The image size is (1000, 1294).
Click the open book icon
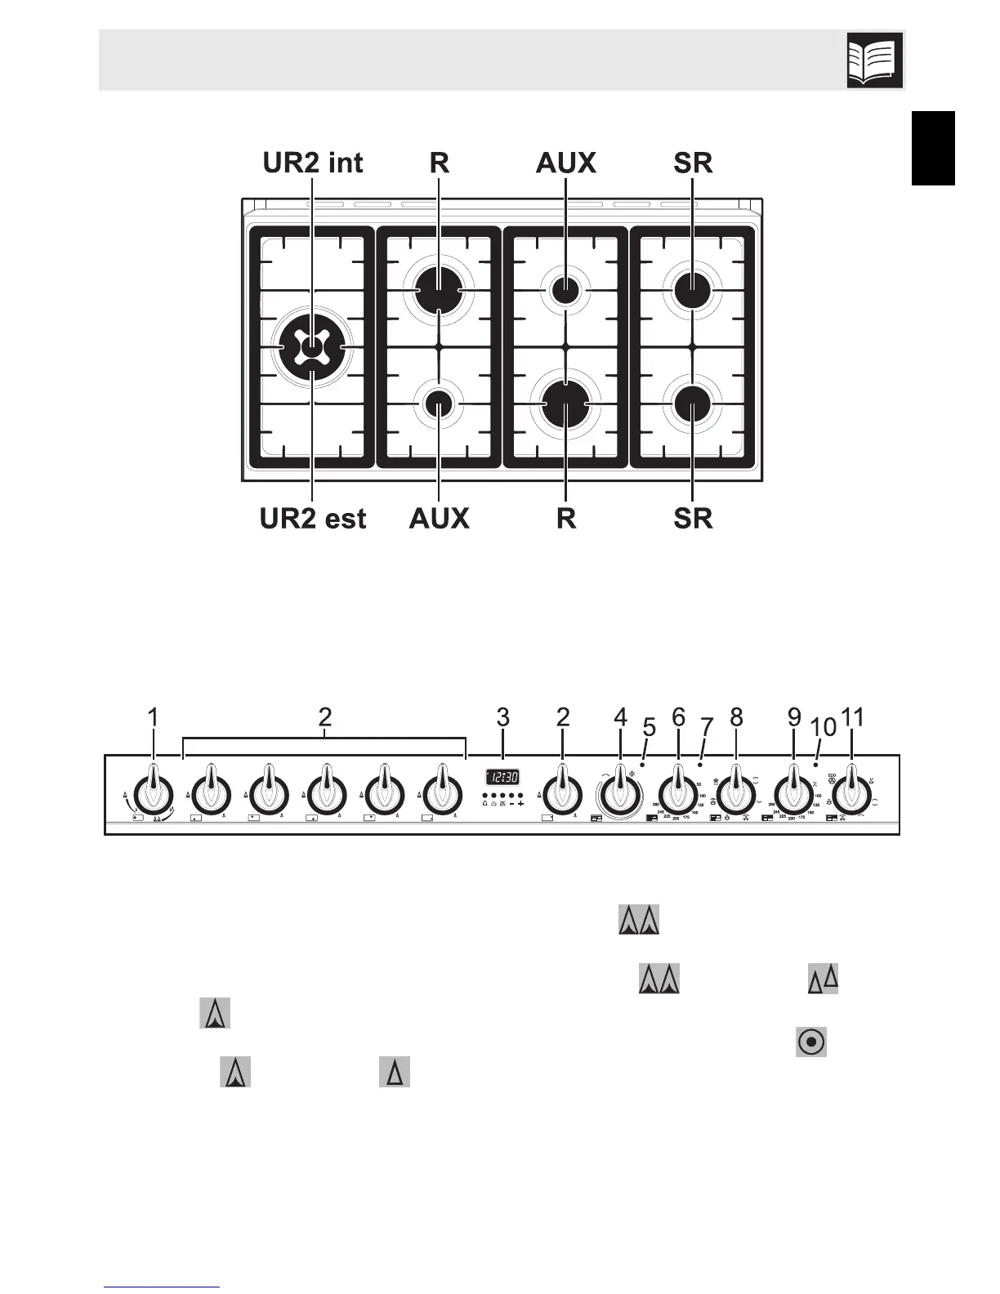pos(874,60)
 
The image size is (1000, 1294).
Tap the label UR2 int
pos(313,163)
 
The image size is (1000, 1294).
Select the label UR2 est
pos(313,518)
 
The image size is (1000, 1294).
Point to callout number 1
pos(153,717)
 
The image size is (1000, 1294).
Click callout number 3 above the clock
pos(502,717)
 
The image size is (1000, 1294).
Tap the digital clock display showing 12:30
pos(502,777)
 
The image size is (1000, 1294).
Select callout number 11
pos(852,717)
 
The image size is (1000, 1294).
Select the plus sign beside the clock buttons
pos(520,804)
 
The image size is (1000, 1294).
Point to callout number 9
pos(794,717)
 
